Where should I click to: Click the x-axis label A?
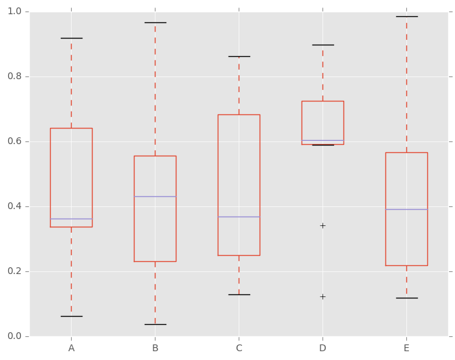(71, 348)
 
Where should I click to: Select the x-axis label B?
(155, 348)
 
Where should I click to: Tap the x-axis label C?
(239, 348)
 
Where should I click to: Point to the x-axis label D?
(322, 348)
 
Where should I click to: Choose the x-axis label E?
(406, 348)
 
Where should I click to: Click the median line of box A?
(71, 219)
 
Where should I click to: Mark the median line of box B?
(155, 196)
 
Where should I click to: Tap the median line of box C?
(239, 217)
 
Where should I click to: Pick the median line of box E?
(406, 209)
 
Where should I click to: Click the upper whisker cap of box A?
(71, 38)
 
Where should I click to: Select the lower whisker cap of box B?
(155, 324)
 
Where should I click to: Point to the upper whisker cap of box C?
(239, 56)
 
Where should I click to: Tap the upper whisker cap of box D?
(322, 45)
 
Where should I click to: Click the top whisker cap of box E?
(406, 16)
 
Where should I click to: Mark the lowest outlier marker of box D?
(322, 296)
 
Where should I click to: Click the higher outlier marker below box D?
(322, 225)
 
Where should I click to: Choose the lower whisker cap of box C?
(239, 294)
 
